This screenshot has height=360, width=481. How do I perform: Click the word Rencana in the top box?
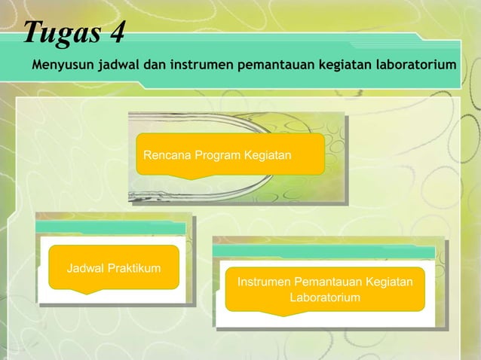(x=167, y=155)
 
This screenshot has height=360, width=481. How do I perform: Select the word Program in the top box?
(x=218, y=155)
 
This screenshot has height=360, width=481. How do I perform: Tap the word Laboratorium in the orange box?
(x=325, y=298)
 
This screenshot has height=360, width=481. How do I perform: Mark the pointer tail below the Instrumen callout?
(x=277, y=313)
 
